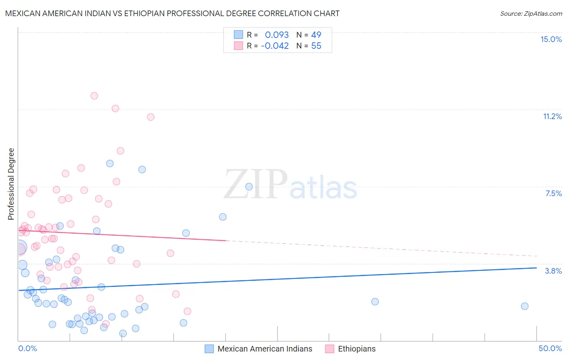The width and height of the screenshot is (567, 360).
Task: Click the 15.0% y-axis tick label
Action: click(551, 39)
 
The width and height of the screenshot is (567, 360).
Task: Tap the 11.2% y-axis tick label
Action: click(552, 116)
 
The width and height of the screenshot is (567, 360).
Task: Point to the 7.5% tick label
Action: click(553, 193)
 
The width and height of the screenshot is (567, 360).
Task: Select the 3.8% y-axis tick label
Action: click(553, 271)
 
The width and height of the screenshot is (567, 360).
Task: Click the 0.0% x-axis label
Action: click(27, 348)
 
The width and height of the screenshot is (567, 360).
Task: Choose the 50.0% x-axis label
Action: click(550, 348)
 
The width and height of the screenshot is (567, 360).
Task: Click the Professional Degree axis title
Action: click(11, 184)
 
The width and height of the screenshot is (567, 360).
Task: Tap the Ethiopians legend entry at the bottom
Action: click(356, 349)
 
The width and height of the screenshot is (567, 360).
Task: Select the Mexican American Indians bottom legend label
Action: click(265, 349)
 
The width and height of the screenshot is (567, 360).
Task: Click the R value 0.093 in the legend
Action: click(277, 35)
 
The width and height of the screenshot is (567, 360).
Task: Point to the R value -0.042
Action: click(275, 46)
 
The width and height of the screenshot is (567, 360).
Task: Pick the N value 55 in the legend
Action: click(316, 46)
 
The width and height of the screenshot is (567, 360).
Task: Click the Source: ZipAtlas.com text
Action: click(531, 13)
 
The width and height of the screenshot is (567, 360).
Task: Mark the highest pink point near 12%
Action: click(94, 96)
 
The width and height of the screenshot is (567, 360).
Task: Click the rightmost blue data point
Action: click(525, 306)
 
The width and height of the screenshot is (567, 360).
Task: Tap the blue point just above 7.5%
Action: click(249, 186)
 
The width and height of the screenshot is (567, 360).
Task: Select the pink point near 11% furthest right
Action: click(150, 117)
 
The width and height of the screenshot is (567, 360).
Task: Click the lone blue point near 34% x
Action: click(375, 301)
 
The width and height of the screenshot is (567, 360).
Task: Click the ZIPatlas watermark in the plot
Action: click(290, 185)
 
